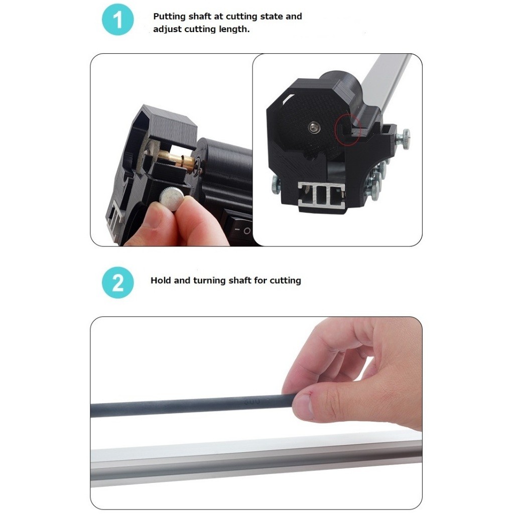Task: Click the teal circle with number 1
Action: tap(118, 20)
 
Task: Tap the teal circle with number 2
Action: tap(118, 283)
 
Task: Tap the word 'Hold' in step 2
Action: tap(161, 280)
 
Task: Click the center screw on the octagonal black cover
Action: tap(314, 127)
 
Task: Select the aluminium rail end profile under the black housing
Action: tap(322, 196)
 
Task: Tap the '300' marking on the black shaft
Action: tap(251, 401)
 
